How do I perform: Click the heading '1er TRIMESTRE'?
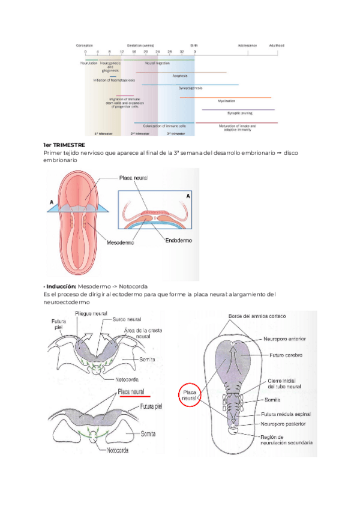64,145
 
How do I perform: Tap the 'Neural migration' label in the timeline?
157,62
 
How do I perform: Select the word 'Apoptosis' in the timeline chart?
180,76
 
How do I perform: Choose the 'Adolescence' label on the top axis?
247,46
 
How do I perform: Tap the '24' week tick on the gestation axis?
157,52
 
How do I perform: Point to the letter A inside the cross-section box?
187,196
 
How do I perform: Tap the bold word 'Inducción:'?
61,286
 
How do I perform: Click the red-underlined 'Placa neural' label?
133,391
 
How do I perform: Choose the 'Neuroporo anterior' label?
284,339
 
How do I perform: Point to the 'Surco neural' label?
127,321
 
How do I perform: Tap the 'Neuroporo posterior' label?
283,423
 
